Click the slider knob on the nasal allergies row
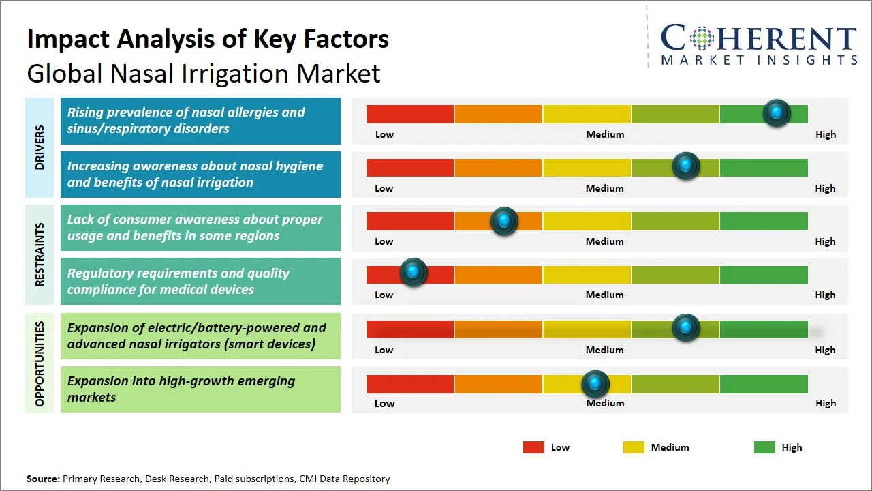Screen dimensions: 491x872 click(x=777, y=113)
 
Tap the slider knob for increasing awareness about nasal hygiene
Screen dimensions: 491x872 click(x=686, y=166)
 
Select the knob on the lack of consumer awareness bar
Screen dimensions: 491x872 click(x=504, y=221)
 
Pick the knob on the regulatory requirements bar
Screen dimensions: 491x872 click(x=413, y=272)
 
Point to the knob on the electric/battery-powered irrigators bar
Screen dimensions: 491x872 click(x=686, y=328)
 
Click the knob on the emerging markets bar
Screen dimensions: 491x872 click(x=595, y=384)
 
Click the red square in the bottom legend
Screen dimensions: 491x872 click(x=533, y=447)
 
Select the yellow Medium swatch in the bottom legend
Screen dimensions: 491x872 click(x=634, y=447)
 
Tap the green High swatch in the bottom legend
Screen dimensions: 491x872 click(x=764, y=447)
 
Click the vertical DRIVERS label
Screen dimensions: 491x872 click(x=40, y=147)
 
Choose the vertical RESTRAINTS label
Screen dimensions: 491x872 click(x=40, y=254)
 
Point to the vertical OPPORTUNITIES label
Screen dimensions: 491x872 click(x=40, y=363)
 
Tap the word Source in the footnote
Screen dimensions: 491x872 click(x=43, y=479)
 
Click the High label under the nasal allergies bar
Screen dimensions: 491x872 click(x=825, y=134)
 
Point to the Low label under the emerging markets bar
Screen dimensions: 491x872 click(x=384, y=403)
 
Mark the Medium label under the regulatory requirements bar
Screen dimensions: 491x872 click(x=604, y=295)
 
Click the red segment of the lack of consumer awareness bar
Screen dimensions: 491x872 click(x=410, y=221)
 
